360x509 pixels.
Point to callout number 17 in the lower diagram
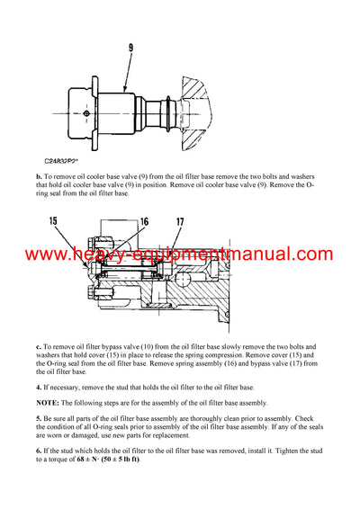[181, 220]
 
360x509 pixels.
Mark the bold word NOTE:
[49, 402]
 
